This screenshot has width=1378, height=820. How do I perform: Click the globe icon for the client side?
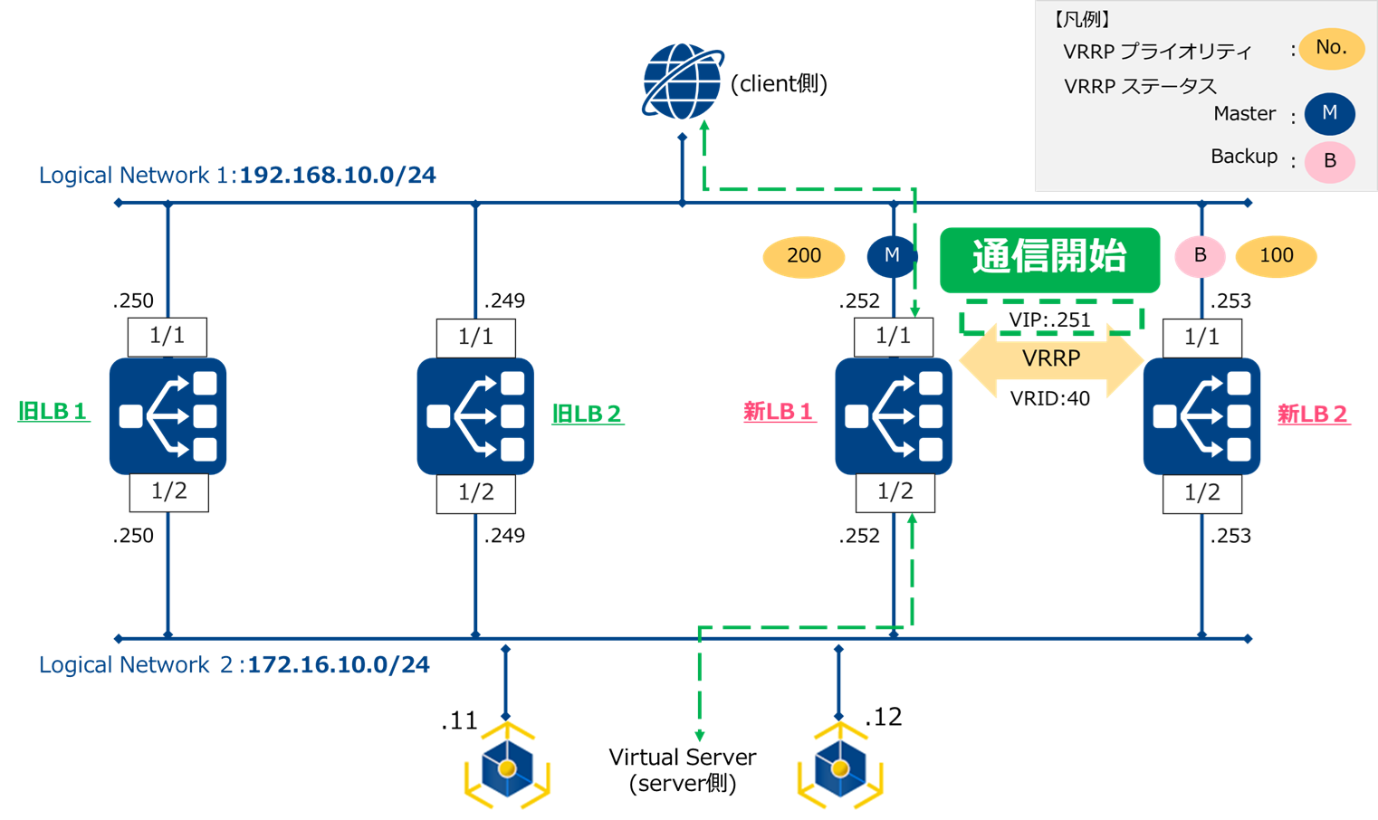(x=682, y=81)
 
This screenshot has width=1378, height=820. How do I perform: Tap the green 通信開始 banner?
(x=1049, y=260)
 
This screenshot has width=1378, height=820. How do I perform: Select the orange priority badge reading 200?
(x=804, y=256)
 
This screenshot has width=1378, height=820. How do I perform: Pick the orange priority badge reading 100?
(x=1276, y=256)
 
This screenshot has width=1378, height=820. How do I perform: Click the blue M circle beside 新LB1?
(x=892, y=256)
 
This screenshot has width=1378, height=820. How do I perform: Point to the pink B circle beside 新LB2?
(x=1200, y=256)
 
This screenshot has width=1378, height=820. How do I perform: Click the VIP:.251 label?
(x=1050, y=319)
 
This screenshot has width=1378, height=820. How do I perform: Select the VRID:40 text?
(x=1050, y=398)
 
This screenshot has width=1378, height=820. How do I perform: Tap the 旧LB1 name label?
(x=53, y=412)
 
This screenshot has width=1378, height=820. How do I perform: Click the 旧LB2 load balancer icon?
(x=475, y=416)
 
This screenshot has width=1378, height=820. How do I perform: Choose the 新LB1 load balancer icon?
(x=894, y=416)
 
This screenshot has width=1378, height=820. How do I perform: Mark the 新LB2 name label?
(x=1313, y=415)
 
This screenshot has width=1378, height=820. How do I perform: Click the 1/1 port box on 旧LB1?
(x=167, y=337)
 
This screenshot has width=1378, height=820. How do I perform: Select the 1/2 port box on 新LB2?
(x=1202, y=493)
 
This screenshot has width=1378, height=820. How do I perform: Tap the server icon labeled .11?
(x=507, y=767)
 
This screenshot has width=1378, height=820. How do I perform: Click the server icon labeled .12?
(x=840, y=767)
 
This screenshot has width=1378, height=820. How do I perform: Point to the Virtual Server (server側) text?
(x=682, y=770)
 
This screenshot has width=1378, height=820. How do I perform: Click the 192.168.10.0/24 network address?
(x=338, y=175)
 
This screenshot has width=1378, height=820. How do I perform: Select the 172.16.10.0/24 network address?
(x=339, y=665)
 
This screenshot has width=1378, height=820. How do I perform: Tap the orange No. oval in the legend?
(x=1331, y=49)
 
